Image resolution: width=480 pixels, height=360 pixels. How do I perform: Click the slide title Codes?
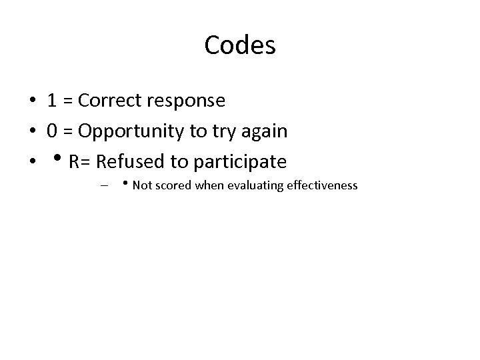click(x=240, y=45)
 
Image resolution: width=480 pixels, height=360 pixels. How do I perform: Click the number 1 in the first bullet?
click(x=51, y=101)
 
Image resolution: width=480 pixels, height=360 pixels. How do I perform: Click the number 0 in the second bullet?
click(x=51, y=131)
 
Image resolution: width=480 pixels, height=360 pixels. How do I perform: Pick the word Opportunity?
click(x=132, y=132)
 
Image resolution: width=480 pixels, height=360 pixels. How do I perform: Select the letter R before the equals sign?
click(x=74, y=161)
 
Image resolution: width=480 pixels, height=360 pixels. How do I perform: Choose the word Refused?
click(x=127, y=161)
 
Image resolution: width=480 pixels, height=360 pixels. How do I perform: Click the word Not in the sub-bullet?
click(x=141, y=185)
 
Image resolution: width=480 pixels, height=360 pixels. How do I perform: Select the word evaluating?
click(x=255, y=186)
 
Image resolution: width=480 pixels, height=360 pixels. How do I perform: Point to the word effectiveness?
click(x=322, y=185)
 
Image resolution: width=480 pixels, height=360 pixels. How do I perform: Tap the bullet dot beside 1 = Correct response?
click(x=32, y=101)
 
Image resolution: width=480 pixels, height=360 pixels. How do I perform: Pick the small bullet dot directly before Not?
click(x=126, y=184)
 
